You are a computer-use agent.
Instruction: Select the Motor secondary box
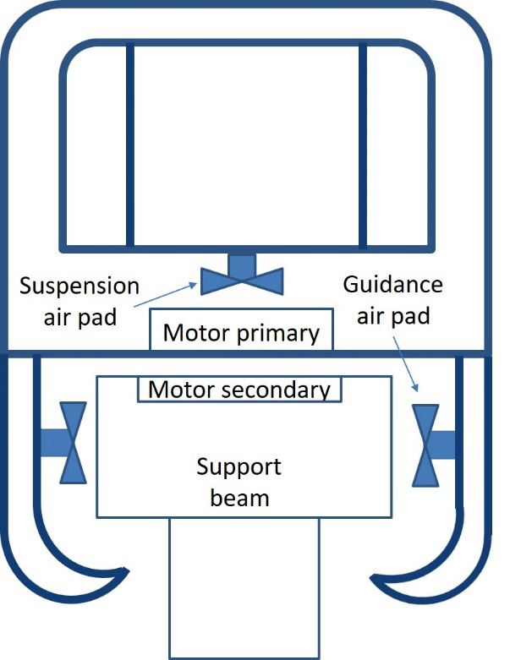click(x=239, y=390)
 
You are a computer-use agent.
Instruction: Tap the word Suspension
click(x=79, y=286)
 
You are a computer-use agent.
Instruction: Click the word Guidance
click(x=392, y=284)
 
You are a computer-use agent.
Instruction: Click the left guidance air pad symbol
click(x=74, y=443)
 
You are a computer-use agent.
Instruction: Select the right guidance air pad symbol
click(x=424, y=445)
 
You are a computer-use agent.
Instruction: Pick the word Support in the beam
click(x=239, y=466)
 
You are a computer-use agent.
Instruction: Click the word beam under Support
click(x=239, y=497)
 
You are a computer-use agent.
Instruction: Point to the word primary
click(x=277, y=332)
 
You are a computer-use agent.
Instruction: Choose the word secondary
click(x=282, y=390)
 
